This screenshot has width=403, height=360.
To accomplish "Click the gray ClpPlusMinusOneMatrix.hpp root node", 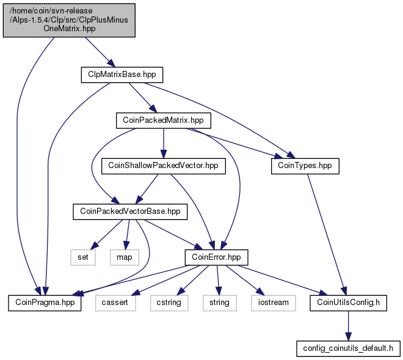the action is tap(69, 20).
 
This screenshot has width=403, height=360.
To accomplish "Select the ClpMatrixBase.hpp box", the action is tap(122, 75).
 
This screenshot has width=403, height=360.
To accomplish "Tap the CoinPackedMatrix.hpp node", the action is tap(164, 120).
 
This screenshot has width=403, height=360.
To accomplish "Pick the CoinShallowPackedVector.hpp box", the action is tap(164, 166).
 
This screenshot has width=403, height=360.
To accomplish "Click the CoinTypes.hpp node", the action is tap(305, 166).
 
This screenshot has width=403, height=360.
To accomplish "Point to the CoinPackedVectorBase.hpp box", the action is tap(130, 211).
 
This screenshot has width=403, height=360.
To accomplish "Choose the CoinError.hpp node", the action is tap(216, 257).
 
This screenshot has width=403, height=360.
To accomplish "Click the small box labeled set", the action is tap(83, 257).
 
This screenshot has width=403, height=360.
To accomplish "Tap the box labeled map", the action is tap(125, 257).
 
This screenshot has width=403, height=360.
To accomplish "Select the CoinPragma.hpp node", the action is tap(45, 303).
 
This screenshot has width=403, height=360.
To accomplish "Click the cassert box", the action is tap(115, 303).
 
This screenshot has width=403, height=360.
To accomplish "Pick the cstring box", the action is tap(169, 303).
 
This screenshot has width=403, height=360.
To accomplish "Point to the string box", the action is tap(219, 303).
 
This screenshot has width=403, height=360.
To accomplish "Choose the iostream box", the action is tap(274, 303).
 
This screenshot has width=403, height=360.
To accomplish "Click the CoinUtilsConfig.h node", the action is tap(348, 303).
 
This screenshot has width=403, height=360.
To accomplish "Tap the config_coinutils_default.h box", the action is tap(348, 348).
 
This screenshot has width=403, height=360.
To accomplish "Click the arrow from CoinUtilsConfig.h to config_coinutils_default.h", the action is tap(348, 326).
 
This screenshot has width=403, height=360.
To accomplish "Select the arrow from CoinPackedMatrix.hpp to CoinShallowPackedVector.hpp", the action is tap(164, 144).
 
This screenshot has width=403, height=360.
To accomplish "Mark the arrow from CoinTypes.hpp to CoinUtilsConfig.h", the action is tap(327, 235).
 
